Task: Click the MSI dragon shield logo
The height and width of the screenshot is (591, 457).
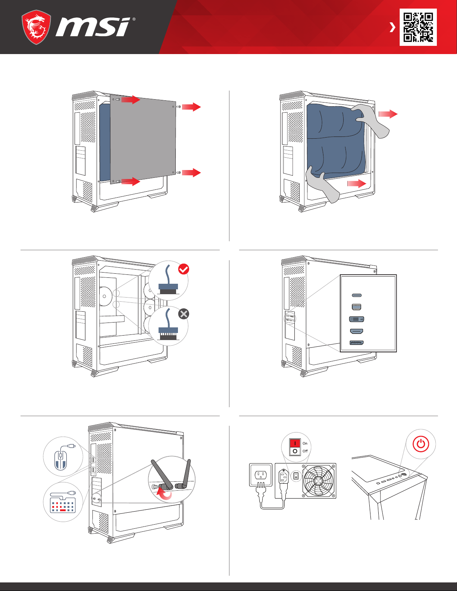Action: (x=36, y=27)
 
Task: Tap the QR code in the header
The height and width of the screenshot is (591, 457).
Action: (x=418, y=27)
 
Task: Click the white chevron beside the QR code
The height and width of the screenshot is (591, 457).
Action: (x=392, y=27)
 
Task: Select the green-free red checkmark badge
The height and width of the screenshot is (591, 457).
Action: (x=184, y=269)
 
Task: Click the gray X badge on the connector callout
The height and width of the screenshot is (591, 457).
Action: (x=184, y=314)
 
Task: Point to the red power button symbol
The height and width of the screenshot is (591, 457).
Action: (x=421, y=444)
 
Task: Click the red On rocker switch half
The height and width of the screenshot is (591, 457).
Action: (x=295, y=443)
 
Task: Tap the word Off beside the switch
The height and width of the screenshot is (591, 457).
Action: (x=305, y=451)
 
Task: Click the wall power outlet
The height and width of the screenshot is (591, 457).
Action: (x=260, y=475)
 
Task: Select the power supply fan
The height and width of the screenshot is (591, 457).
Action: (x=318, y=481)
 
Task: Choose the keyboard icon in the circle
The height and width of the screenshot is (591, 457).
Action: (x=63, y=504)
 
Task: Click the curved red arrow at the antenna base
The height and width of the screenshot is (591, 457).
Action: (x=164, y=494)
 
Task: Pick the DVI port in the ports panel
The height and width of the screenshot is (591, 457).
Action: (x=356, y=319)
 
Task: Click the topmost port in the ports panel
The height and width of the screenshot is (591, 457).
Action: (x=357, y=295)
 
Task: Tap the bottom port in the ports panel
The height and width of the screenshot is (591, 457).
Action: (x=356, y=343)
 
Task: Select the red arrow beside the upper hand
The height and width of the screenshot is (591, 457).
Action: (x=388, y=114)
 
